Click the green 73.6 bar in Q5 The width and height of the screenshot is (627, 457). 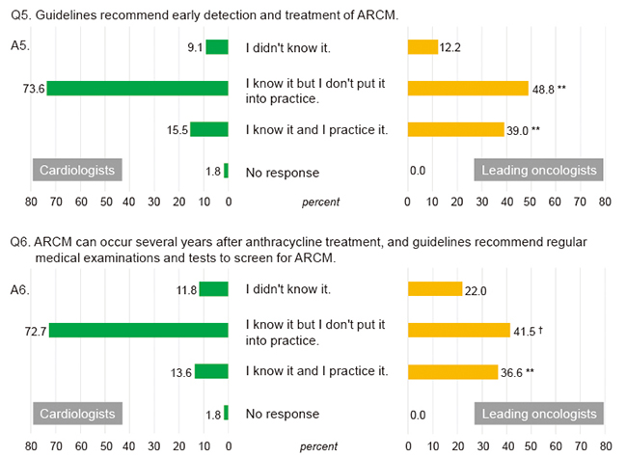[137, 89]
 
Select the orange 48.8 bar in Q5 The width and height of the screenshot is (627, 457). [468, 89]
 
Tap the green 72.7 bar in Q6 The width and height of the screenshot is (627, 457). [138, 330]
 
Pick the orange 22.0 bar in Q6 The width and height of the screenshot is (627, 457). [435, 288]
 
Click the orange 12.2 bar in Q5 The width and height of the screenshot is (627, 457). [423, 47]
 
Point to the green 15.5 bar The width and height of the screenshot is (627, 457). [209, 130]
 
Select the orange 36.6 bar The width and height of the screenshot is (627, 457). [452, 371]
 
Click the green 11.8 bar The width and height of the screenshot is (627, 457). [213, 288]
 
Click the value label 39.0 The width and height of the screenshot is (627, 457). [517, 130]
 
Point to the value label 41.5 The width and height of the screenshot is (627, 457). [524, 330]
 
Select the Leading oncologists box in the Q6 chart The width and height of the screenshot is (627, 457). [540, 413]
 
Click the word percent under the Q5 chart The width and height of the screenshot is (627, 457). [319, 202]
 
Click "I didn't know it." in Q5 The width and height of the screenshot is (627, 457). [288, 47]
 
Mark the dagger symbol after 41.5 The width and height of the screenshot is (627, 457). [542, 329]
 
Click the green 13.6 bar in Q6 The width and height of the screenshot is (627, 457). [211, 371]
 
